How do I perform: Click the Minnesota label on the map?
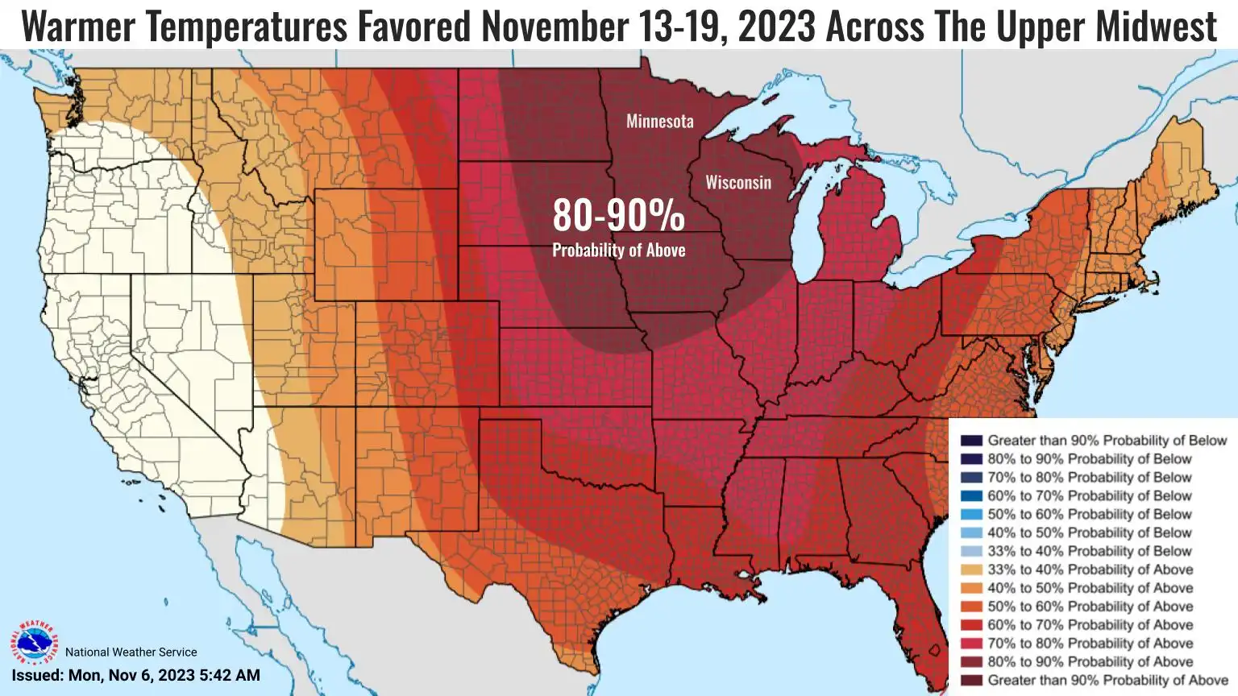659,122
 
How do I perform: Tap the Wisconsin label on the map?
738,183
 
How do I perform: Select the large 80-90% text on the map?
618,215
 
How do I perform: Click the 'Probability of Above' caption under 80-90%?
618,251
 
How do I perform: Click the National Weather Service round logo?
34,643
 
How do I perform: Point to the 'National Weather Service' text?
131,652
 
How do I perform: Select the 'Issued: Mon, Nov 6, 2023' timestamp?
135,675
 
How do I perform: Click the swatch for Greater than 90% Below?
971,441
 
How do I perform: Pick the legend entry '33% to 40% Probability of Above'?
1090,570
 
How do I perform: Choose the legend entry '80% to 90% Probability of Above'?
1090,662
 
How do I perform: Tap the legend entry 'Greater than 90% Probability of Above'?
1107,681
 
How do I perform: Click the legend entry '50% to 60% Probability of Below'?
1089,514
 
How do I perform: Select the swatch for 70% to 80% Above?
971,644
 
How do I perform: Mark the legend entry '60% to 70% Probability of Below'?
1089,495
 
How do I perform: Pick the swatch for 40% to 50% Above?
971,588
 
